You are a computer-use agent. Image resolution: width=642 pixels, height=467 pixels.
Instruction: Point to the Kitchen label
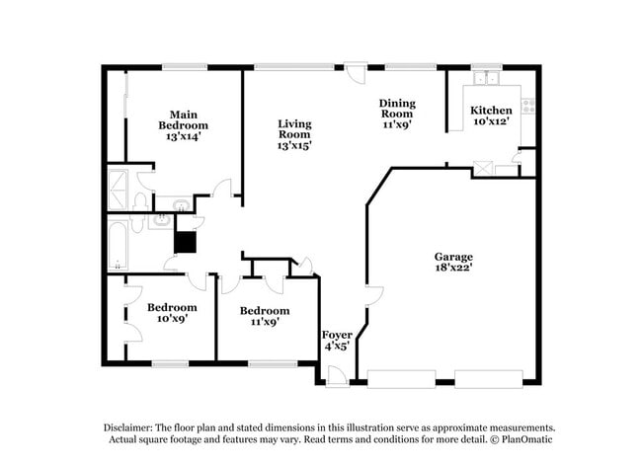coord(491,110)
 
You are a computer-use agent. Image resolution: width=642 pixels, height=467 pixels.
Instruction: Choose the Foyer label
coord(337,336)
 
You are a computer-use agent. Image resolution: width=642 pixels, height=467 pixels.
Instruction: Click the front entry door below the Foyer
coord(337,376)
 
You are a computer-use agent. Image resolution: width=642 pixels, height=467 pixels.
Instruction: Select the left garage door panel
coord(400,376)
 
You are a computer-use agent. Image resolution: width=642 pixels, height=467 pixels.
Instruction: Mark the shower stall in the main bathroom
coord(118,187)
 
